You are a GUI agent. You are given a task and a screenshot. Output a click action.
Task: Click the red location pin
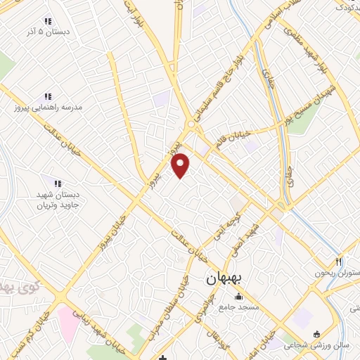[181, 165]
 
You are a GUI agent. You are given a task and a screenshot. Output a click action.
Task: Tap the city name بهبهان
[224, 279]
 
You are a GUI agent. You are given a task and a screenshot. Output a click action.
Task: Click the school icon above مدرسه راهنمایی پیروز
[48, 96]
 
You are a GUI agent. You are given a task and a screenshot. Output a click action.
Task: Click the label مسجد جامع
[239, 307]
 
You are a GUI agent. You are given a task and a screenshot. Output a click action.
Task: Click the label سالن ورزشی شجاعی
[317, 345]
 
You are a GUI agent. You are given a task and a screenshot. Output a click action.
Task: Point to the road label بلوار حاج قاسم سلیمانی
[224, 82]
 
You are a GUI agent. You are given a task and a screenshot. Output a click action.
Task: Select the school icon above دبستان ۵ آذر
[48, 21]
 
